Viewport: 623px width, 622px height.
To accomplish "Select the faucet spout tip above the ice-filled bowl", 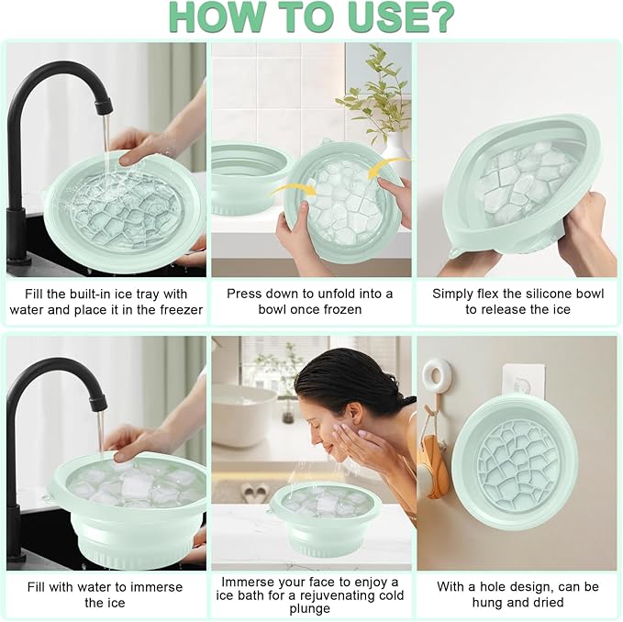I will point(98,403).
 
